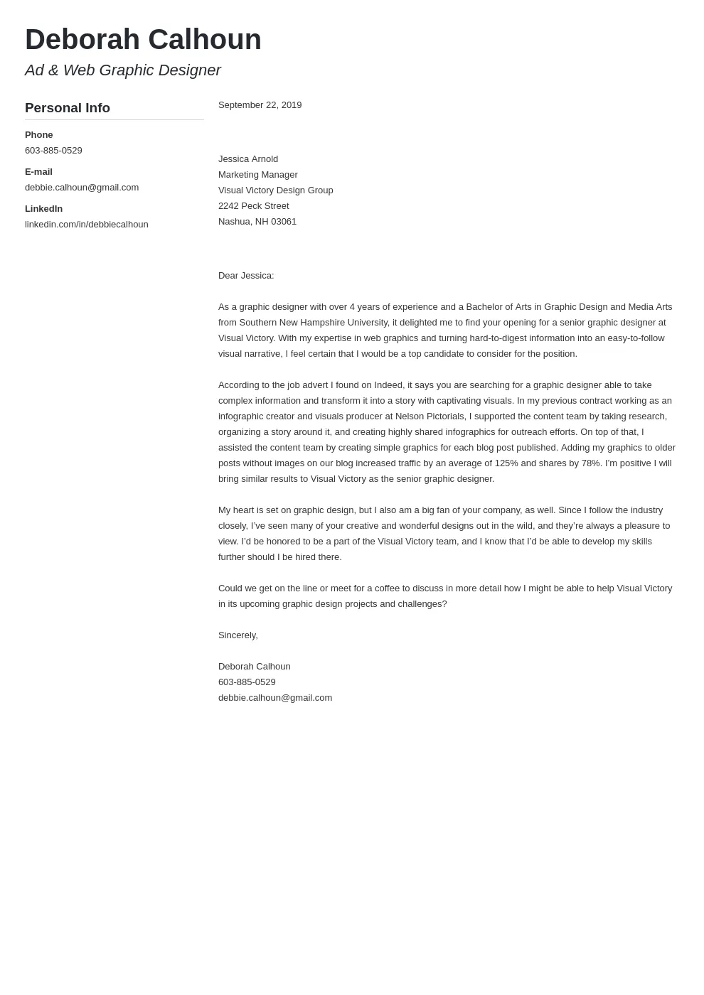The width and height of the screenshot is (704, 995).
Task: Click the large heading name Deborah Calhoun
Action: pyautogui.click(x=143, y=40)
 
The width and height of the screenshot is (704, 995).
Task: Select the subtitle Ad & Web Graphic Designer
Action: pyautogui.click(x=122, y=70)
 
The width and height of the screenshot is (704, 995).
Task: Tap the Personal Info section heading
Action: pyautogui.click(x=68, y=108)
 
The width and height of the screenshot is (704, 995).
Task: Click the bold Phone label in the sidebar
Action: pyautogui.click(x=39, y=135)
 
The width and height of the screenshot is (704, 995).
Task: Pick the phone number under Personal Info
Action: pyautogui.click(x=53, y=151)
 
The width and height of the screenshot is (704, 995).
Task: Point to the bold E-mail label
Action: pyautogui.click(x=38, y=172)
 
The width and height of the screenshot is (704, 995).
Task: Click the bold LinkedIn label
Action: pyautogui.click(x=43, y=209)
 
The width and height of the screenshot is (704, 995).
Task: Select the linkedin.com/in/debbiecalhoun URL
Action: pyautogui.click(x=86, y=225)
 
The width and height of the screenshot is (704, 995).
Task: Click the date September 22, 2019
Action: pyautogui.click(x=260, y=105)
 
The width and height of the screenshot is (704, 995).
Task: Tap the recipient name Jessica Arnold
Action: pyautogui.click(x=248, y=159)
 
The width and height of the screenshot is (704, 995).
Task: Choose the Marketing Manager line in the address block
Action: pyautogui.click(x=257, y=175)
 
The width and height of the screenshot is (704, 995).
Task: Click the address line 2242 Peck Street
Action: pyautogui.click(x=253, y=206)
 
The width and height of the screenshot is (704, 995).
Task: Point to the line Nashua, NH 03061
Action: pyautogui.click(x=257, y=222)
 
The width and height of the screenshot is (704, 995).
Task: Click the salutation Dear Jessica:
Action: pyautogui.click(x=246, y=276)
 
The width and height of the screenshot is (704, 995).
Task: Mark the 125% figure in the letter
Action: pyautogui.click(x=506, y=463)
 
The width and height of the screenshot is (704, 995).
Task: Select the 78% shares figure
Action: pyautogui.click(x=591, y=463)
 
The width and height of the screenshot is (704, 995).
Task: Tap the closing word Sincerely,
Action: pyautogui.click(x=238, y=635)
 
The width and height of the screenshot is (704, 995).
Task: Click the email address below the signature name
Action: pyautogui.click(x=274, y=698)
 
